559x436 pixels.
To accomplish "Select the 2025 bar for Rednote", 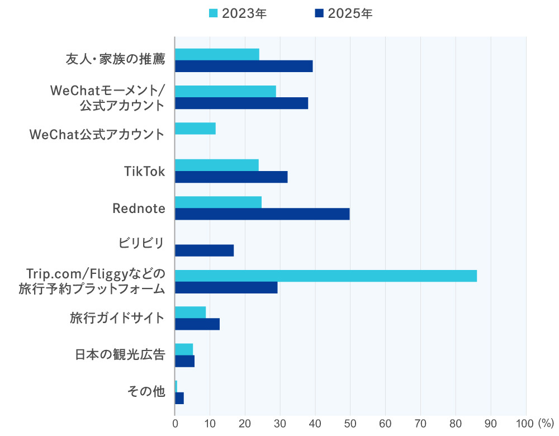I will [x=262, y=214].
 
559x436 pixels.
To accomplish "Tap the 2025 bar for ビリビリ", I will [x=204, y=250].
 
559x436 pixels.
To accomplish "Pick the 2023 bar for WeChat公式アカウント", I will [x=195, y=129].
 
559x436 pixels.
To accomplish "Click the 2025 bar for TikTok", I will [x=231, y=177].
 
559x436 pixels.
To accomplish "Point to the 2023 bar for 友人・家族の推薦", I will [x=217, y=54].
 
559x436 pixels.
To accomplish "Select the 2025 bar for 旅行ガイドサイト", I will [x=197, y=324].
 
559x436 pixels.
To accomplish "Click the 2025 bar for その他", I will [x=179, y=398].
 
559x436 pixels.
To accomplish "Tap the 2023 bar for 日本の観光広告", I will [x=183, y=349].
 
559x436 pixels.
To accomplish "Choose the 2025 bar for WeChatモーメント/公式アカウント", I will [x=241, y=103].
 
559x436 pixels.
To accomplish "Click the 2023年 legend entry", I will [x=238, y=13].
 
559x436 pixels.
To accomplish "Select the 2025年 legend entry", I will [x=343, y=13].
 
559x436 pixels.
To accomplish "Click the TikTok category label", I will [x=144, y=171].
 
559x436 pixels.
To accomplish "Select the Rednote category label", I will [x=139, y=208].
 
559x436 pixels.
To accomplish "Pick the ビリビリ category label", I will [x=141, y=244].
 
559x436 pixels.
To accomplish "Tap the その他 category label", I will [x=146, y=391].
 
